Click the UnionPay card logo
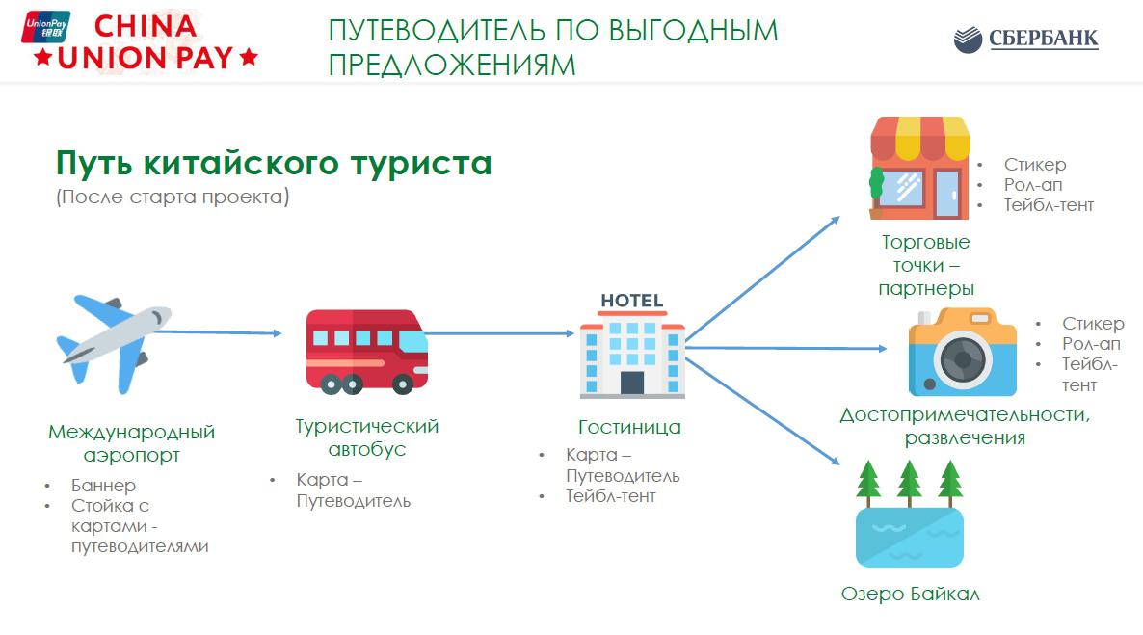click(44, 28)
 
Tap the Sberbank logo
click(1025, 40)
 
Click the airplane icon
click(112, 342)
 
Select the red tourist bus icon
click(366, 351)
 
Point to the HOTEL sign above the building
click(632, 301)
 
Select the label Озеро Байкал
click(910, 594)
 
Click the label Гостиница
click(629, 427)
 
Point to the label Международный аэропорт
click(131, 443)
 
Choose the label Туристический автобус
click(366, 437)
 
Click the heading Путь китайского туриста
click(274, 162)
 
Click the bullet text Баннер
click(103, 486)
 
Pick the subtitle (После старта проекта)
click(172, 198)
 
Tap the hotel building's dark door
click(632, 382)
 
